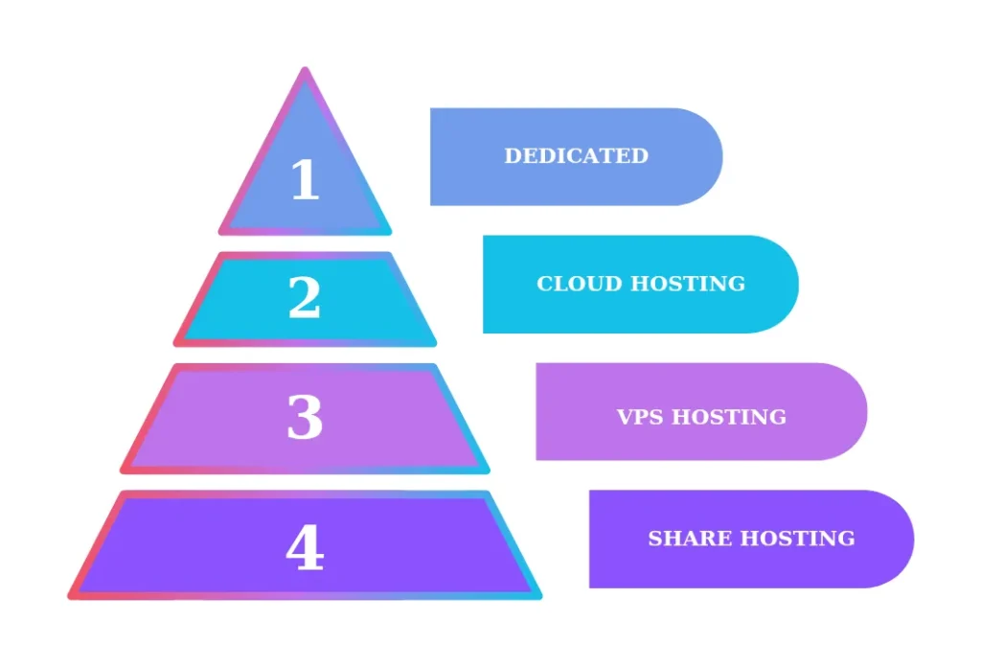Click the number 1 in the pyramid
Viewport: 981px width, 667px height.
click(305, 179)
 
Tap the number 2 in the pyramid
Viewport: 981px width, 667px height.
click(305, 298)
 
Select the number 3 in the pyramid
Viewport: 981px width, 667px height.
click(305, 418)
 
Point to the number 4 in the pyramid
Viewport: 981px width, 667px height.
click(305, 549)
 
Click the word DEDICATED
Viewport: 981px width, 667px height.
click(576, 155)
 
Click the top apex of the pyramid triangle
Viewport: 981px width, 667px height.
click(305, 72)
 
